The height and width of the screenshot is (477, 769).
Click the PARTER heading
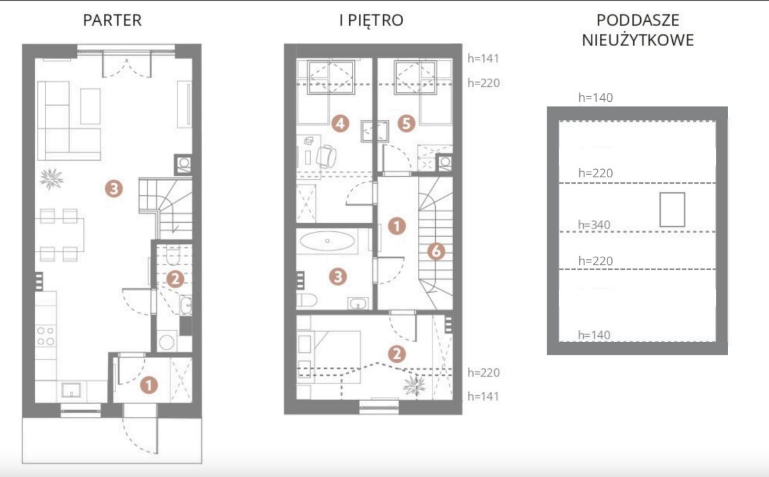click(x=112, y=20)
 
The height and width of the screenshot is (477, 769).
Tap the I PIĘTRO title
click(x=372, y=20)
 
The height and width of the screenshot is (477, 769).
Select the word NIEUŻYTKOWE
click(x=638, y=40)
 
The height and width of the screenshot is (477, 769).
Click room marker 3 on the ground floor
click(x=114, y=189)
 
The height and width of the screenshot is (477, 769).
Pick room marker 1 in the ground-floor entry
click(x=149, y=385)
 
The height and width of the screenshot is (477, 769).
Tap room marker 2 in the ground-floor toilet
click(x=175, y=279)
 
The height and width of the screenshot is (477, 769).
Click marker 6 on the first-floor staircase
click(x=436, y=252)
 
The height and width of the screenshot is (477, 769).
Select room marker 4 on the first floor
click(x=340, y=124)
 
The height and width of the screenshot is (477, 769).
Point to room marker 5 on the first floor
click(x=406, y=124)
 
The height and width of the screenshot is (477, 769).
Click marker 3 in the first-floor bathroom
click(x=338, y=277)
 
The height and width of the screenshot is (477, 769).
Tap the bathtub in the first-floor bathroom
click(x=327, y=241)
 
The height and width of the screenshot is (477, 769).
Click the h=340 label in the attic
click(x=594, y=225)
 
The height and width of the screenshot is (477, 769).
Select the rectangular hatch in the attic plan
click(x=672, y=209)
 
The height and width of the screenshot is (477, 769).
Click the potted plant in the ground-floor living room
click(x=51, y=179)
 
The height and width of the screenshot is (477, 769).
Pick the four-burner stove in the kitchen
click(x=46, y=336)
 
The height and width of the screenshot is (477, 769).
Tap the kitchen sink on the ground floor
click(x=71, y=390)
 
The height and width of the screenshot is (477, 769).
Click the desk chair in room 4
click(x=326, y=156)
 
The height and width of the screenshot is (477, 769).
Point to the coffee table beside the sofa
click(x=90, y=106)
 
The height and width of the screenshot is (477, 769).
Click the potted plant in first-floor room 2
click(x=415, y=385)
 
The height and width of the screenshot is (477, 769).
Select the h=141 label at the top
click(x=483, y=59)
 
